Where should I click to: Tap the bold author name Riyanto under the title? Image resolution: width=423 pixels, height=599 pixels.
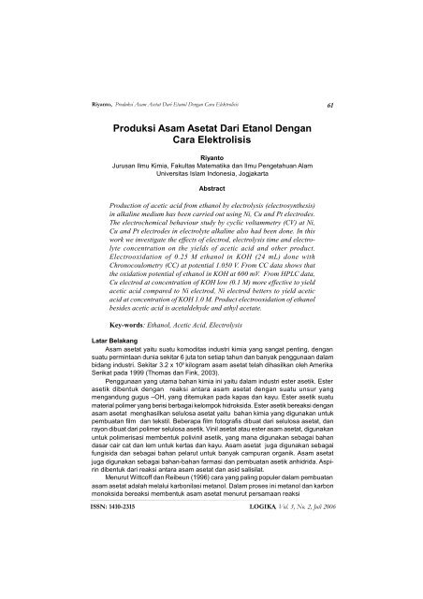[211, 171]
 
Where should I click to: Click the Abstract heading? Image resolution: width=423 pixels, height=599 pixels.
[211, 212]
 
